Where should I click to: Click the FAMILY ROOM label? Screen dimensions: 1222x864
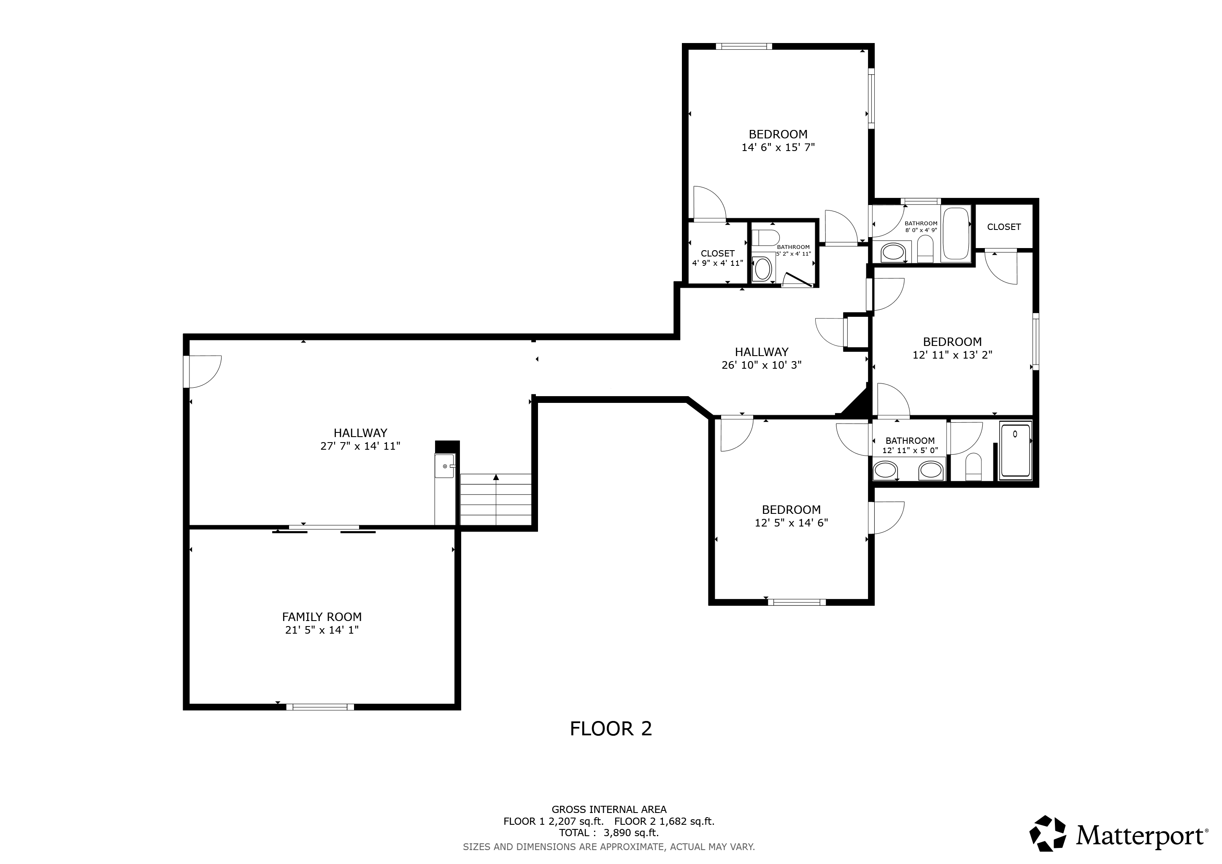pyautogui.click(x=322, y=617)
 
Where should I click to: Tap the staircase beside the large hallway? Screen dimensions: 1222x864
pyautogui.click(x=496, y=499)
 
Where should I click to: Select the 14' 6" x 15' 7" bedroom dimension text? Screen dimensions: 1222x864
pyautogui.click(x=778, y=147)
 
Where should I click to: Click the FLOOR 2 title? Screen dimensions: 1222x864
pyautogui.click(x=611, y=728)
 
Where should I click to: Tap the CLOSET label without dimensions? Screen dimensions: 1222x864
pyautogui.click(x=1004, y=227)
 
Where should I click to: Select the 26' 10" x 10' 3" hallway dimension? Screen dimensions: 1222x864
pyautogui.click(x=761, y=365)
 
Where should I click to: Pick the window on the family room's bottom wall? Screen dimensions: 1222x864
pyautogui.click(x=320, y=707)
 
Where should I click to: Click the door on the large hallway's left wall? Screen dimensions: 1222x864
pyautogui.click(x=202, y=371)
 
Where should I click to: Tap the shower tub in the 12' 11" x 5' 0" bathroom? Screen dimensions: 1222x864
pyautogui.click(x=1016, y=450)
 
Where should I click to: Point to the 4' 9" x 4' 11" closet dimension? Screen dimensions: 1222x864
pyautogui.click(x=717, y=263)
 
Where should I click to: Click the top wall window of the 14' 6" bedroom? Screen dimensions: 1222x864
pyautogui.click(x=743, y=46)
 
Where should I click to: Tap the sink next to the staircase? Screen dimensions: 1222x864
pyautogui.click(x=444, y=466)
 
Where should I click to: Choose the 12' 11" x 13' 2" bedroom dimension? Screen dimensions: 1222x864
pyautogui.click(x=952, y=355)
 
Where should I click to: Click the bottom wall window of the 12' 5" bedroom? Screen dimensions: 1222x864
pyautogui.click(x=797, y=602)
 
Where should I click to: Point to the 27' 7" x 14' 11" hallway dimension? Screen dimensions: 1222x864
pyautogui.click(x=360, y=446)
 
